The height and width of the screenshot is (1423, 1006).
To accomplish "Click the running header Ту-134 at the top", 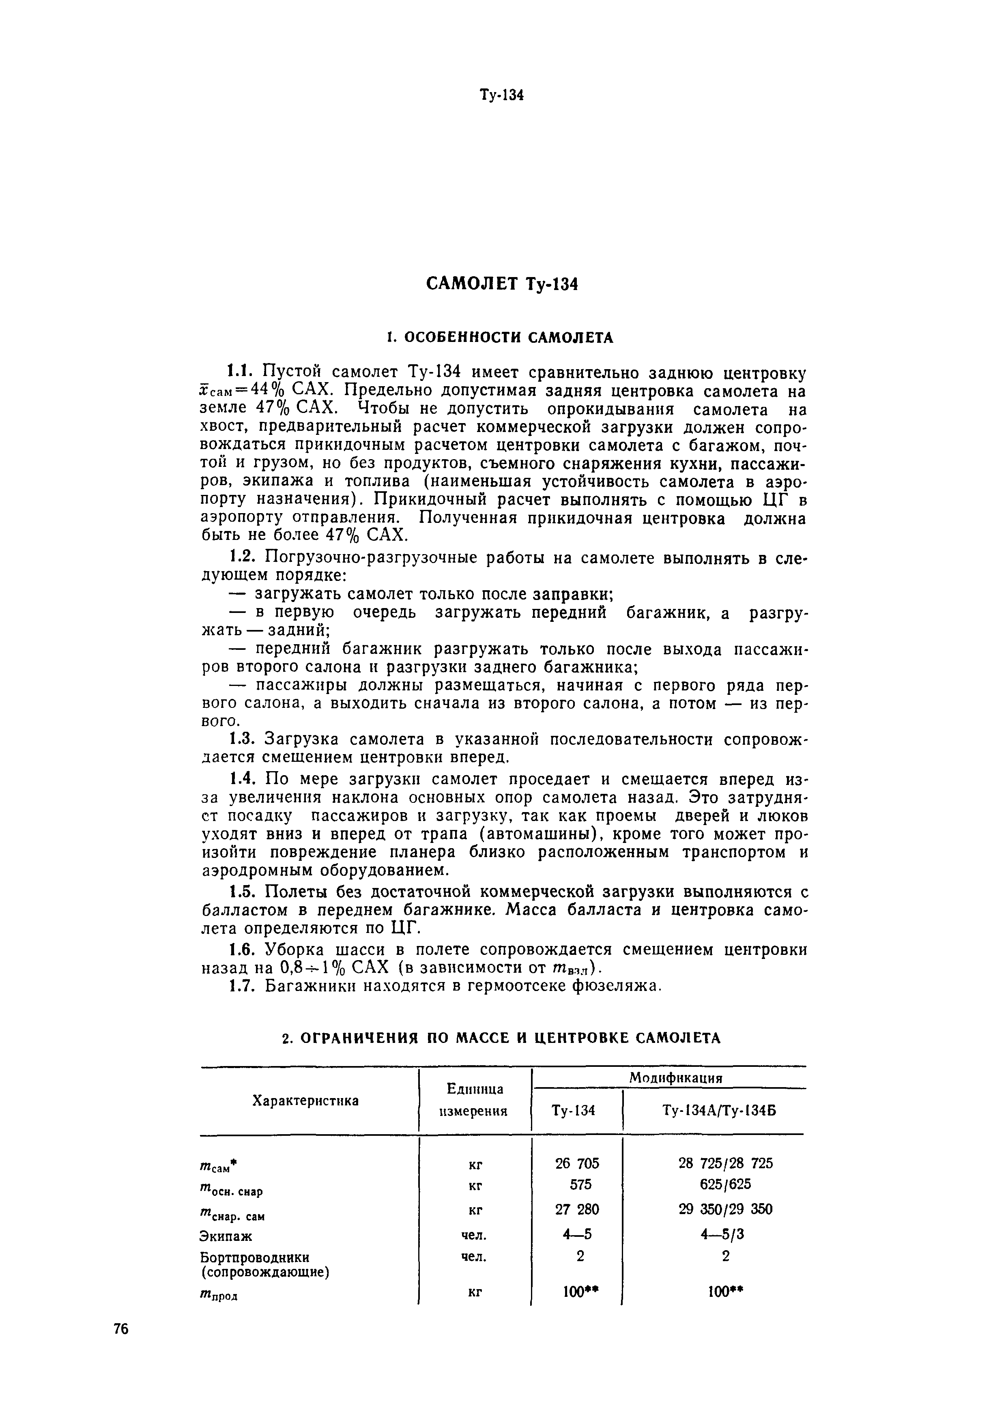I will pyautogui.click(x=502, y=96).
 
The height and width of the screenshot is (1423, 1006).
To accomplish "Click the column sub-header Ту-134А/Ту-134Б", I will pyautogui.click(x=720, y=1111).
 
